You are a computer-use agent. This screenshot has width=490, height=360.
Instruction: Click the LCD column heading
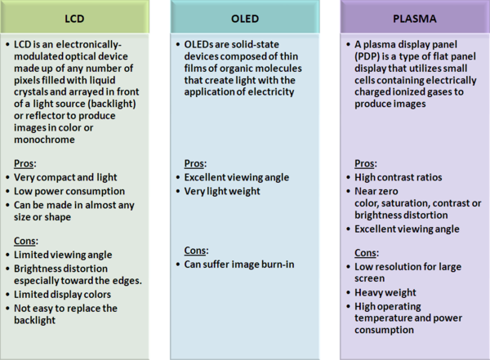[74, 19]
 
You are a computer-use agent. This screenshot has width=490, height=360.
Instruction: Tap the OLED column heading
[245, 19]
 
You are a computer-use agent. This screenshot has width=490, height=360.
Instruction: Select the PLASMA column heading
[415, 19]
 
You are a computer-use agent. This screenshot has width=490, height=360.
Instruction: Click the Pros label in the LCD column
[25, 163]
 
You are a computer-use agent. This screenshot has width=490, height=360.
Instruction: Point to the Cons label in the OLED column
[196, 251]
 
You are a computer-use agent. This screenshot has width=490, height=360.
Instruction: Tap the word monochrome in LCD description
[44, 140]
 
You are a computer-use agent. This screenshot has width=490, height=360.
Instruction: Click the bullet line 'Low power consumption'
[69, 191]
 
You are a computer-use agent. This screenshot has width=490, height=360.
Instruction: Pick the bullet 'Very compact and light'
[65, 177]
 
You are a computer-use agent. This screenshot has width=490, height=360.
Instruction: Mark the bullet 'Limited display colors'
[62, 295]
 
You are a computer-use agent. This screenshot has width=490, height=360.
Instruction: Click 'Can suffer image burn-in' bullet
[239, 264]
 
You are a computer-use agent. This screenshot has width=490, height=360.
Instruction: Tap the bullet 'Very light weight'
[222, 191]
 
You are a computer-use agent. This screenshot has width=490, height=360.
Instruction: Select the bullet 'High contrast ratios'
[399, 177]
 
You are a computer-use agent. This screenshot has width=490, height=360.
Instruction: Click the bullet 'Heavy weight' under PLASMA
[385, 292]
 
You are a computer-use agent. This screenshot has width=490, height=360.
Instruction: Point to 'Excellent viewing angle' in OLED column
[237, 177]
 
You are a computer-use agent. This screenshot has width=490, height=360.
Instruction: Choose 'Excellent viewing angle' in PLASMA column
[407, 229]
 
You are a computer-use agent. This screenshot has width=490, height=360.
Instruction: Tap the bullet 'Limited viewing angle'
[63, 255]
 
